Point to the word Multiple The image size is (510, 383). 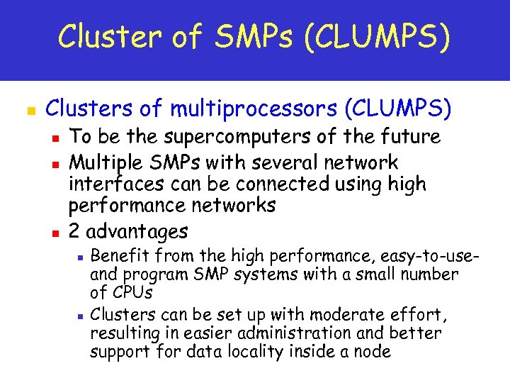[104, 162]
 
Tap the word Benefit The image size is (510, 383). [122, 255]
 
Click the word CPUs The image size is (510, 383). [132, 292]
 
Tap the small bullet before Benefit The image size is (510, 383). [81, 257]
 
